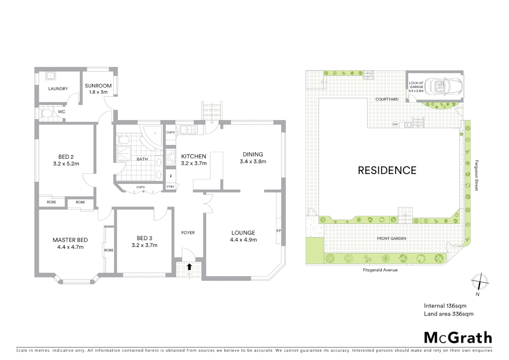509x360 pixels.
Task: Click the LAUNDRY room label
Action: (58, 89)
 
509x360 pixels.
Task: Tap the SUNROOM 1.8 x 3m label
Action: (98, 89)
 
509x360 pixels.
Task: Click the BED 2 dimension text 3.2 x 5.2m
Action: (66, 164)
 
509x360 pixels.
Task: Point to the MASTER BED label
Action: (70, 240)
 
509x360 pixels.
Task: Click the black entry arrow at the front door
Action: (189, 266)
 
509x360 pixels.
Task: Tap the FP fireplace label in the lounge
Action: (278, 231)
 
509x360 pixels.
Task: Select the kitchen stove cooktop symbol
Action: (171, 157)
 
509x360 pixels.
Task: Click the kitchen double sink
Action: (189, 129)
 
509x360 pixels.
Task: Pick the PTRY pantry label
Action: (171, 187)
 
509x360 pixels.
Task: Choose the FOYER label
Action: (188, 233)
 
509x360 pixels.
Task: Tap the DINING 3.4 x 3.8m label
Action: (253, 158)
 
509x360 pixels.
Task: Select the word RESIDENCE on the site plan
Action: (387, 171)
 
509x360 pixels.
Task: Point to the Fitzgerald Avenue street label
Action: (380, 270)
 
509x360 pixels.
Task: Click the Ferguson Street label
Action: (476, 175)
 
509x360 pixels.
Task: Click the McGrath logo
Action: (458, 338)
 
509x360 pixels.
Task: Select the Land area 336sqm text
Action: (448, 314)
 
